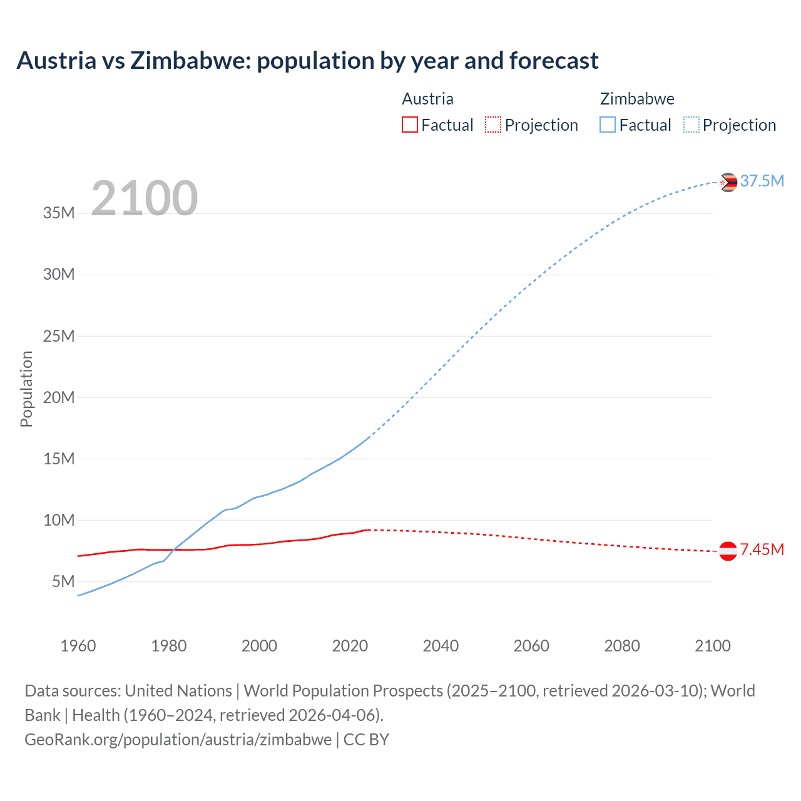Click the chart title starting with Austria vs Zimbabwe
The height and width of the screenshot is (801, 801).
307,61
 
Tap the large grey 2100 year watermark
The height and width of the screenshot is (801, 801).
145,198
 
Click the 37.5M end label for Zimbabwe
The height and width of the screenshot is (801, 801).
762,181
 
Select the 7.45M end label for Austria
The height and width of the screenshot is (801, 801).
762,549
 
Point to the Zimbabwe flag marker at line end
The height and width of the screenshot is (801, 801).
728,182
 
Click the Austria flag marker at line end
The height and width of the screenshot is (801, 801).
728,551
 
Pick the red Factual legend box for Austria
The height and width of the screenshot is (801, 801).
409,125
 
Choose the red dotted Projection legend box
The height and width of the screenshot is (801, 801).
493,125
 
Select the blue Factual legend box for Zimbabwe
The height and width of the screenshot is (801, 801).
607,125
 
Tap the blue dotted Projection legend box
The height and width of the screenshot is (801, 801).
691,125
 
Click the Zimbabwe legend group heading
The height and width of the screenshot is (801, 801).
637,99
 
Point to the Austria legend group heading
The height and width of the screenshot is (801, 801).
427,99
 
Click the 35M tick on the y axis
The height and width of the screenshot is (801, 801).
59,213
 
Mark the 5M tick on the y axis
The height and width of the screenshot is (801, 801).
63,581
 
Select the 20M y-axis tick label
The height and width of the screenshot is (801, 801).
59,397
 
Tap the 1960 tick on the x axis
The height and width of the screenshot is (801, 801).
78,646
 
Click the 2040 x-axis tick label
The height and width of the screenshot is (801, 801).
441,646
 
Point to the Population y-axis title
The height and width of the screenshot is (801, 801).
26,389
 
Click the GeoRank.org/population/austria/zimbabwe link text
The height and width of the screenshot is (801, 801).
178,739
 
